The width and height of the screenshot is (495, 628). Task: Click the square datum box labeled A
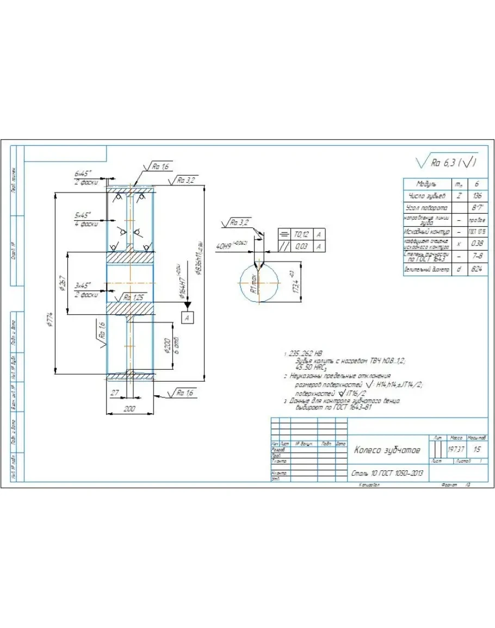(x=187, y=318)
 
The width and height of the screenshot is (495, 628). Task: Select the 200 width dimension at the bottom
(x=129, y=408)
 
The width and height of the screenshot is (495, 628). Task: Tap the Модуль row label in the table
(x=426, y=184)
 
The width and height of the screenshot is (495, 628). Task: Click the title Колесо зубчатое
(x=387, y=450)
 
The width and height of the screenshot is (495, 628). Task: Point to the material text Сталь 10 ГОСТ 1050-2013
(x=387, y=474)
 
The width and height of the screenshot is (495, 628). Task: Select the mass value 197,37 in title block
(x=456, y=450)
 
